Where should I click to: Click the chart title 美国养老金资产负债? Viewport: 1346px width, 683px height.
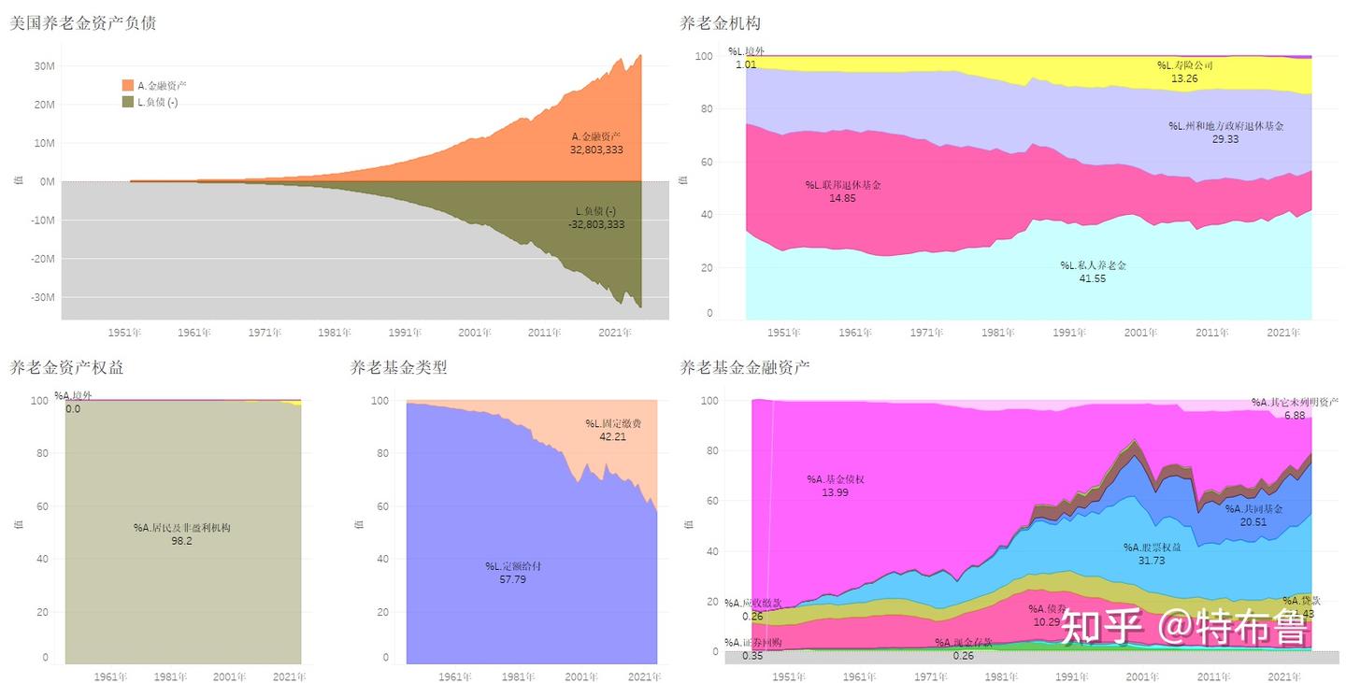82,23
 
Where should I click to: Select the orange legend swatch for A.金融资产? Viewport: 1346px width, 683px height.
128,85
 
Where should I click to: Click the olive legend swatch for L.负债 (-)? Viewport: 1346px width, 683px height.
128,102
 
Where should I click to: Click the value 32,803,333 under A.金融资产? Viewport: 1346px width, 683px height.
596,149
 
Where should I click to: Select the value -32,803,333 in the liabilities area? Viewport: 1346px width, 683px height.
596,224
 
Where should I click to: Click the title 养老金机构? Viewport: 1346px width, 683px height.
721,23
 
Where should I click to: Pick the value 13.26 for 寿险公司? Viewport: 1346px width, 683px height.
1184,78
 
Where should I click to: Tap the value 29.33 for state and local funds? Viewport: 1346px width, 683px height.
1225,138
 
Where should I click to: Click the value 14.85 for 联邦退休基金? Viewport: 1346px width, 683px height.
842,198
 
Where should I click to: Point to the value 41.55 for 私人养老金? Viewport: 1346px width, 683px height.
1093,278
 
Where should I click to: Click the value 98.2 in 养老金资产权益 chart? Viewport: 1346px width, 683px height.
181,541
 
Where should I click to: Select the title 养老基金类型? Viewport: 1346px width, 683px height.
398,367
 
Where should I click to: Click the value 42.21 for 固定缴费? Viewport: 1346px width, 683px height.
613,436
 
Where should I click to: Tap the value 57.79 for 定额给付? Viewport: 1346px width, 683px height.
513,579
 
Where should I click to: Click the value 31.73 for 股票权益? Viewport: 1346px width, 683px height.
1152,560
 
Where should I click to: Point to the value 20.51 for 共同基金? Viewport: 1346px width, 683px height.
1253,521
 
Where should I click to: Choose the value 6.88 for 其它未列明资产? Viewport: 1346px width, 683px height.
1295,415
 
